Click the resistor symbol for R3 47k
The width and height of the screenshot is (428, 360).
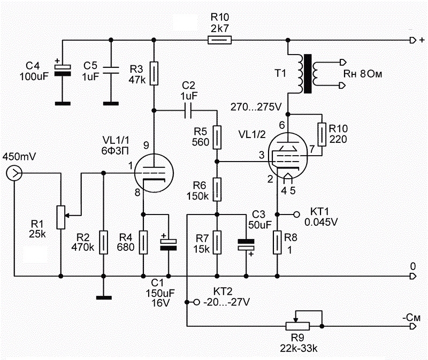click(x=154, y=74)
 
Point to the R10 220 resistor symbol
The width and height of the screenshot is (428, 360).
click(x=322, y=135)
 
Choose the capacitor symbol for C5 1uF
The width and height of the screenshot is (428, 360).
click(x=110, y=69)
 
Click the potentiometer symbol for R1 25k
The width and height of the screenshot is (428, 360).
click(x=61, y=216)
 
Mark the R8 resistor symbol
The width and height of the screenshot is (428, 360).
click(x=277, y=242)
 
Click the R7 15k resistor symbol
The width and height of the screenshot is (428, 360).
click(x=216, y=242)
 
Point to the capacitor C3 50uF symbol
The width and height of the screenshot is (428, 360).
click(x=246, y=244)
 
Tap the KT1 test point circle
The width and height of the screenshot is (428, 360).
click(x=296, y=214)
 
